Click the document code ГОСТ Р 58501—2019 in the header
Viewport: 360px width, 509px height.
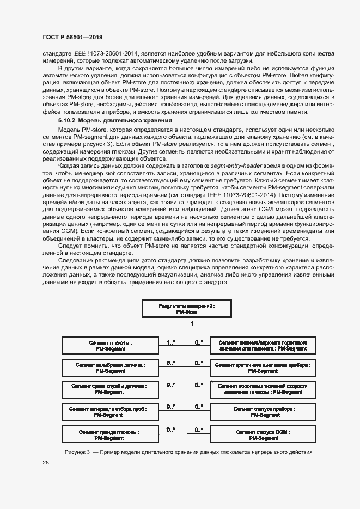(x=72, y=37)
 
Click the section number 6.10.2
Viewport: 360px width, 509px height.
(x=68, y=120)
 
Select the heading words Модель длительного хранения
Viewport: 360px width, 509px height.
(x=125, y=120)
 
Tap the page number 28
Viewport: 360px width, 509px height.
(x=46, y=462)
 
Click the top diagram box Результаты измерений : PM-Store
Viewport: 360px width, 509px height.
(x=186, y=309)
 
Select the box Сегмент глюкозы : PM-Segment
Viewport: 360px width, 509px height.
(x=111, y=346)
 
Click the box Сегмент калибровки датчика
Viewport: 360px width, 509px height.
(x=111, y=367)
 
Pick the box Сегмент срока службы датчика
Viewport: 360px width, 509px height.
(x=111, y=389)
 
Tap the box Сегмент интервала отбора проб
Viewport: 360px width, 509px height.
(x=111, y=412)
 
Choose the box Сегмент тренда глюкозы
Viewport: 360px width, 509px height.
(x=111, y=434)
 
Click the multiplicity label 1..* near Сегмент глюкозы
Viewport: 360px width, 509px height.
(x=170, y=342)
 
